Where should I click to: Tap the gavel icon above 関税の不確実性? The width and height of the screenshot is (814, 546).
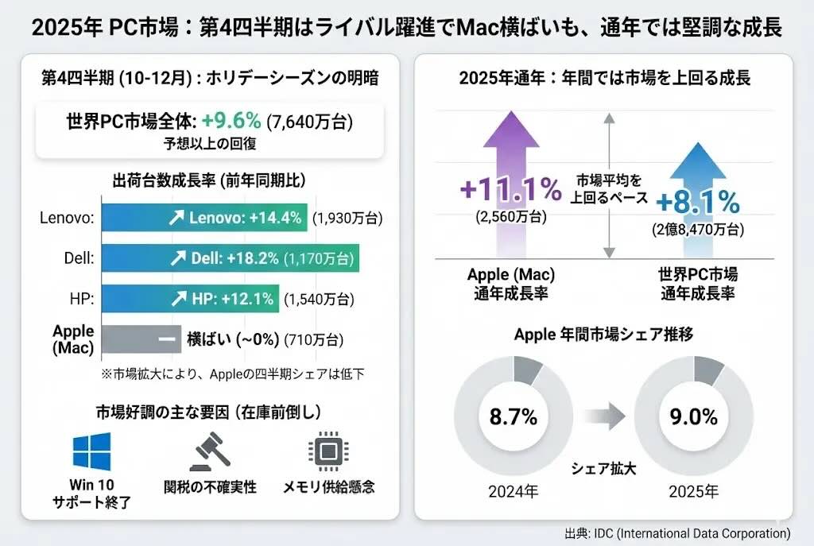tap(210, 451)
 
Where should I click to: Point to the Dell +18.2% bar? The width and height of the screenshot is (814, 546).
tap(231, 258)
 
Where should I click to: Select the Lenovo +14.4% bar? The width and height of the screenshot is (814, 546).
tap(204, 217)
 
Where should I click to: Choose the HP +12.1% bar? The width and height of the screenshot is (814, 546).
tap(191, 299)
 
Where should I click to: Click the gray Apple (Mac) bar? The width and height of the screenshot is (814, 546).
tap(141, 339)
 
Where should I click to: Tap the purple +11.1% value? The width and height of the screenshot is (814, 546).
tap(510, 189)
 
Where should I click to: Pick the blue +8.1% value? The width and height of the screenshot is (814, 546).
tap(698, 203)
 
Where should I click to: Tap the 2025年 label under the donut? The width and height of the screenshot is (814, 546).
tap(694, 491)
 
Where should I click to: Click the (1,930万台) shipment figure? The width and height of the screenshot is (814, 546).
tap(347, 218)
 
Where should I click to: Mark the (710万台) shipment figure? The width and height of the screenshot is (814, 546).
tap(314, 340)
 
